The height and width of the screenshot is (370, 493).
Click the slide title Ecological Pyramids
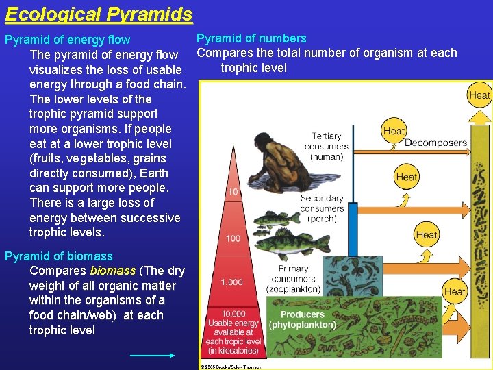[x=99, y=14]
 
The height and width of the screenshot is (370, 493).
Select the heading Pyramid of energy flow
[x=67, y=40]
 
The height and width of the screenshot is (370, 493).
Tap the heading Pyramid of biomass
[x=58, y=256]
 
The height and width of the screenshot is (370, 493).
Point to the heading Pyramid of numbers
[x=251, y=38]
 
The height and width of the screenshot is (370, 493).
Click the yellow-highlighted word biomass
[x=112, y=271]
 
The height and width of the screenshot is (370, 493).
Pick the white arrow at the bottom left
[x=152, y=355]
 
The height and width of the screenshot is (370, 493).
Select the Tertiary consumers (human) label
[x=327, y=146]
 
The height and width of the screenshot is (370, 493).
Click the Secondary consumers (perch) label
[x=322, y=208]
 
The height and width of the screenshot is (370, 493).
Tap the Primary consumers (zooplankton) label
[x=293, y=279]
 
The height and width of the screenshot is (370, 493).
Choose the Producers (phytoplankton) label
[x=302, y=320]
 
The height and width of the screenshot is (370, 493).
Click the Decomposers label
[x=435, y=143]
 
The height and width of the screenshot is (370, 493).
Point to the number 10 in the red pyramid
[x=233, y=192]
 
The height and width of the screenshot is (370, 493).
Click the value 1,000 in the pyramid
[x=231, y=282]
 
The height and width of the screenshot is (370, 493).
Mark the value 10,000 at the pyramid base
[x=233, y=314]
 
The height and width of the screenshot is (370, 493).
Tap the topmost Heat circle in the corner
[x=480, y=95]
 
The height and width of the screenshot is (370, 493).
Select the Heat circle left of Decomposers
[x=394, y=130]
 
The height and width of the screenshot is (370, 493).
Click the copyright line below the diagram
[x=231, y=367]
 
